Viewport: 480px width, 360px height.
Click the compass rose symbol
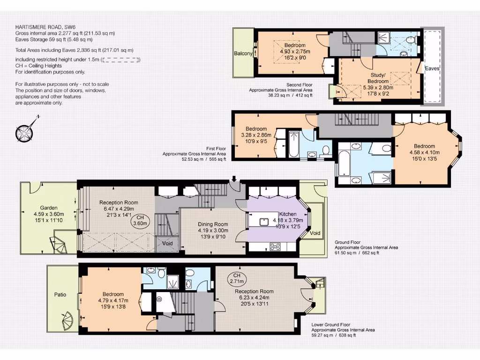click(24, 133)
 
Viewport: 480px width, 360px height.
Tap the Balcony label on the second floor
click(243, 53)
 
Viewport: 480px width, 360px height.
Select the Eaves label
click(432, 68)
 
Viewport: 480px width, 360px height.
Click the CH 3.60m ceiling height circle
click(140, 220)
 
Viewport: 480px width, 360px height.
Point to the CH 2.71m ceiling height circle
click(237, 278)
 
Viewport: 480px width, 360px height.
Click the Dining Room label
click(213, 224)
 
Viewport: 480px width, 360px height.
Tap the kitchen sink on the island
click(264, 222)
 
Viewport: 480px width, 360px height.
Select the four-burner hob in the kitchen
click(275, 247)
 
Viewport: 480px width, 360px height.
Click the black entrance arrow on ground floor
click(234, 179)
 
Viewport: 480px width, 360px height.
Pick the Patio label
click(60, 294)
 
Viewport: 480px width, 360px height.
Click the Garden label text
click(49, 208)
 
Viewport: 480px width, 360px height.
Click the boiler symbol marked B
click(159, 299)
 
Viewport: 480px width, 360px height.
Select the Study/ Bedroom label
click(378, 78)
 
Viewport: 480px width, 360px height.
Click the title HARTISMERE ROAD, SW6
click(45, 27)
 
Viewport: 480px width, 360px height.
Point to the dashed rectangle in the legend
click(120, 60)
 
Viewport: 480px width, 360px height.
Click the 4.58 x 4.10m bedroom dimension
click(425, 152)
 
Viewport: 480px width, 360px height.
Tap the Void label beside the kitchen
click(315, 233)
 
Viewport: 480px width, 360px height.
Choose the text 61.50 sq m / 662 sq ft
click(357, 253)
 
